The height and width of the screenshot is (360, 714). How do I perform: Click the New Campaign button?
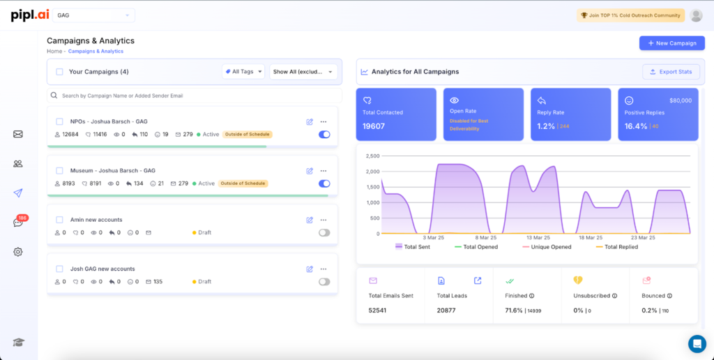pos(671,43)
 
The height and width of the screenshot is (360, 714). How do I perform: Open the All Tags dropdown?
pos(243,71)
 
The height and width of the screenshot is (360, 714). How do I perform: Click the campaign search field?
pos(195,96)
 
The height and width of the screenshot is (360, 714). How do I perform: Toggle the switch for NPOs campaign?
pos(324,135)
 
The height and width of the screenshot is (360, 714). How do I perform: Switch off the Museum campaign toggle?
pos(324,183)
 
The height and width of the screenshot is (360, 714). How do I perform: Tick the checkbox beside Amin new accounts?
pos(59,220)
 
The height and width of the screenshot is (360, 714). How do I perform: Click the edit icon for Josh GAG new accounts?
pos(310,269)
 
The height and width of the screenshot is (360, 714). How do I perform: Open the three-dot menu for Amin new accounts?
pos(324,220)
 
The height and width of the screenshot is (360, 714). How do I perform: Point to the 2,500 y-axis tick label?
pos(372,156)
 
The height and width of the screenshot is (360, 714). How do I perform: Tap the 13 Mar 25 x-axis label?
pos(538,237)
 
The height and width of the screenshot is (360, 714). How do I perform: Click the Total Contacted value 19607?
pos(374,126)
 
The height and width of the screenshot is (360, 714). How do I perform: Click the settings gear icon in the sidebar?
pos(18,252)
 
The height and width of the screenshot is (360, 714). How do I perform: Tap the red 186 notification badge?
pos(22,218)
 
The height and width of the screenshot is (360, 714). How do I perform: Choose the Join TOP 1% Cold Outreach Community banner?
pos(630,15)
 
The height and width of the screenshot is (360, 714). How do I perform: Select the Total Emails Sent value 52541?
pos(377,310)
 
